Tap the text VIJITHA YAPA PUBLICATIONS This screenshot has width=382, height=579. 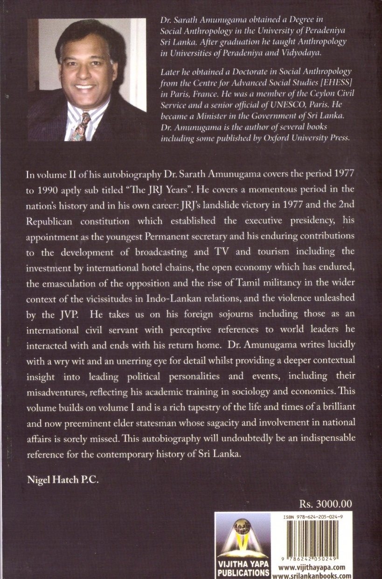[243, 569]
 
